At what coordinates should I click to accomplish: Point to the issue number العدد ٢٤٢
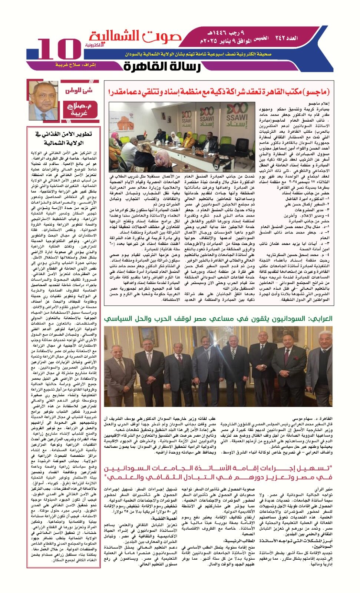click(286, 38)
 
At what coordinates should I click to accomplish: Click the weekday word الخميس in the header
click(262, 38)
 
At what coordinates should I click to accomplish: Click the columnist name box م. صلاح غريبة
click(79, 109)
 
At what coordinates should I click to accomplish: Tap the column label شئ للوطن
click(79, 90)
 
